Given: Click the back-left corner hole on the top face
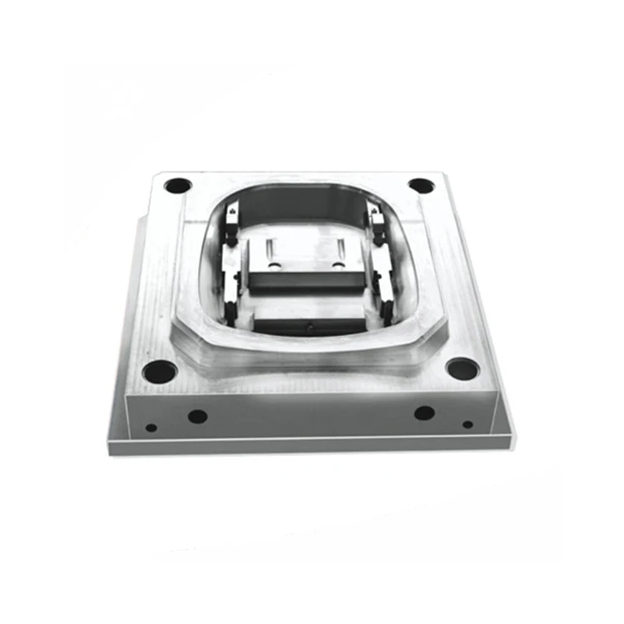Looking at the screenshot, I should click(x=177, y=186).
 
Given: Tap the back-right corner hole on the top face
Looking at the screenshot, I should click(x=421, y=186).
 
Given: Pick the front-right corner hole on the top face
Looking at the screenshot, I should click(x=462, y=367).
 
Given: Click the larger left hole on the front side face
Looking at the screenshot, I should click(x=197, y=416).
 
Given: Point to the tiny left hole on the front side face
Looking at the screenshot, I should click(x=151, y=428).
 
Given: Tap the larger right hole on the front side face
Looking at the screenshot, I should click(x=424, y=413).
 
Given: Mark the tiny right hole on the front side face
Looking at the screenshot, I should click(x=468, y=424).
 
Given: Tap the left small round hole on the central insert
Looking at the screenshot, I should click(x=270, y=265).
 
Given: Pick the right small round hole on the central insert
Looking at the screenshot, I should click(x=338, y=265).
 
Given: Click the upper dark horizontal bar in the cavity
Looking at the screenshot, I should click(x=306, y=281).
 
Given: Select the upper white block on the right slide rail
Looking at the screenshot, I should click(x=376, y=218).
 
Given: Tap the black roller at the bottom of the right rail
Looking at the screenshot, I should click(x=384, y=310).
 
